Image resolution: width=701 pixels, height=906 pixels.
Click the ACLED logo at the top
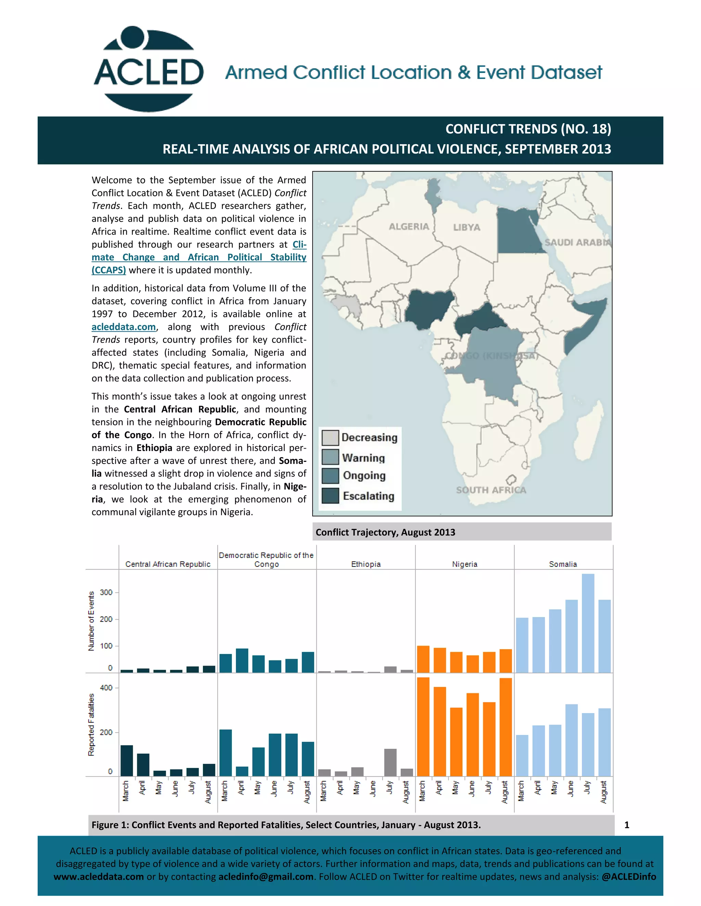coord(149,69)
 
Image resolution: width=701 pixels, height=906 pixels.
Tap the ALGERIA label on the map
coord(409,226)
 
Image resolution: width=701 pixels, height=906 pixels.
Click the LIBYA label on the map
coord(467,227)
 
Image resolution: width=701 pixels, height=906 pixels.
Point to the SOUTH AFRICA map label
coord(491,490)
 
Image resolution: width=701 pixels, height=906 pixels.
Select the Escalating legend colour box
coord(330,496)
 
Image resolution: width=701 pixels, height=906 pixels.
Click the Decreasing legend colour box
coord(330,437)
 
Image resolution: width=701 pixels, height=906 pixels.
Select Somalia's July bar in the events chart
coord(588,623)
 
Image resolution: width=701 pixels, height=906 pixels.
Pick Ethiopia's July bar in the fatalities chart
coord(390,762)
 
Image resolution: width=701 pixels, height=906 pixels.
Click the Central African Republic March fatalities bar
coord(127,760)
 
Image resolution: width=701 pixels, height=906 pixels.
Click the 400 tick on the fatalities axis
coord(106,688)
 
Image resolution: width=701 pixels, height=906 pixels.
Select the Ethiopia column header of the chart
coord(366,564)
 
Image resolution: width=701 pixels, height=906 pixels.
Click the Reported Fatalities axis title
coord(91,724)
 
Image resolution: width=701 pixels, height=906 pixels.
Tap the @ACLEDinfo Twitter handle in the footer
coord(628,877)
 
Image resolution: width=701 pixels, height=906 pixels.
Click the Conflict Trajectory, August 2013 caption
coord(385,532)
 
